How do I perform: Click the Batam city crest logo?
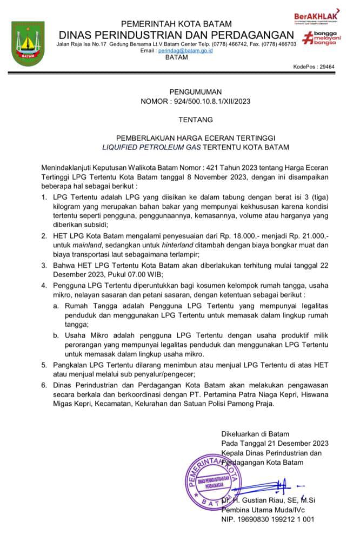28,44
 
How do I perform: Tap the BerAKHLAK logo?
316,16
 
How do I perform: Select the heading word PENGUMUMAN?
195,91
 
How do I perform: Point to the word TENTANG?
195,119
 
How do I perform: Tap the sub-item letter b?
56,335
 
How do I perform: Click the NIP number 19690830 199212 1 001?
274,519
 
